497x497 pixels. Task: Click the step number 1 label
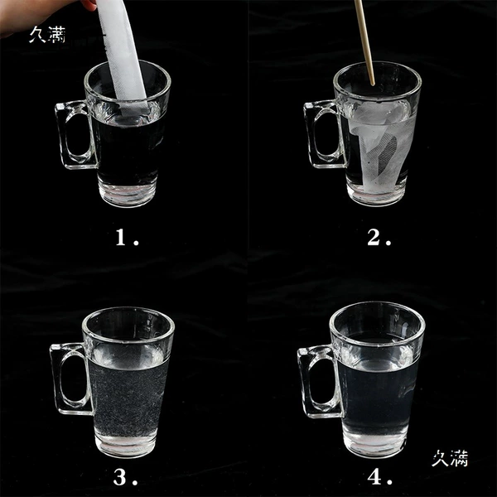pos(127,237)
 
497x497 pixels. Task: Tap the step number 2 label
pos(379,237)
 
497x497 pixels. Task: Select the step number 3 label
pos(126,477)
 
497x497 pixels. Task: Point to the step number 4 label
pos(379,477)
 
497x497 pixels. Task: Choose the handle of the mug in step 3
pos(55,380)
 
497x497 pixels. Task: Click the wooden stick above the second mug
pos(364,43)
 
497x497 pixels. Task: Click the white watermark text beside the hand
pos(47,35)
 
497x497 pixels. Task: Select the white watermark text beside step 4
pos(450,458)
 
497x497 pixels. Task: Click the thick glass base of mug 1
pos(128,193)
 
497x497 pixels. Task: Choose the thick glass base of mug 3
pos(126,444)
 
